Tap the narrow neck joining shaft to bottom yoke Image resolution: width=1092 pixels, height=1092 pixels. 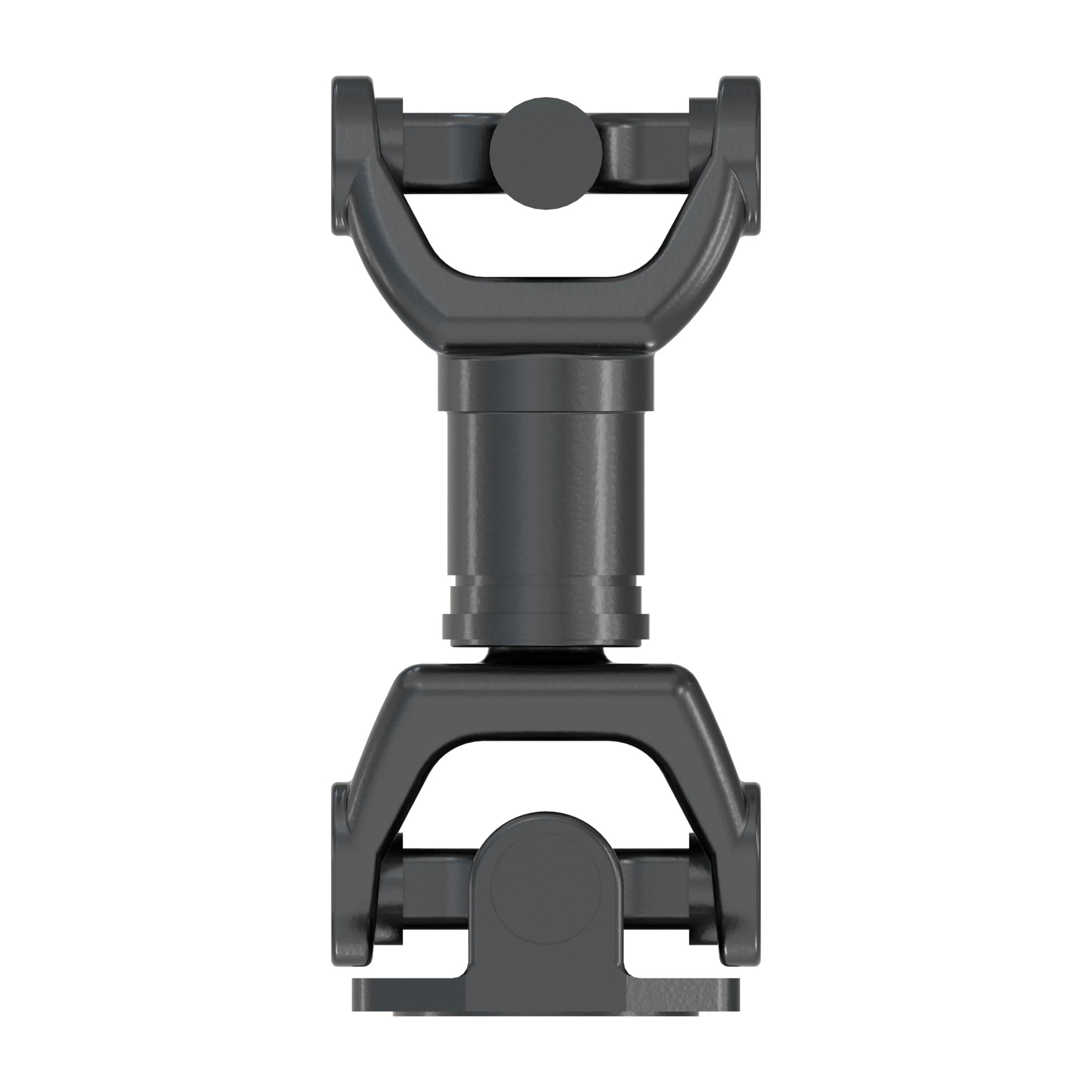(545, 656)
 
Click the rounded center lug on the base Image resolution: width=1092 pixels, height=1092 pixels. (545, 893)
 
